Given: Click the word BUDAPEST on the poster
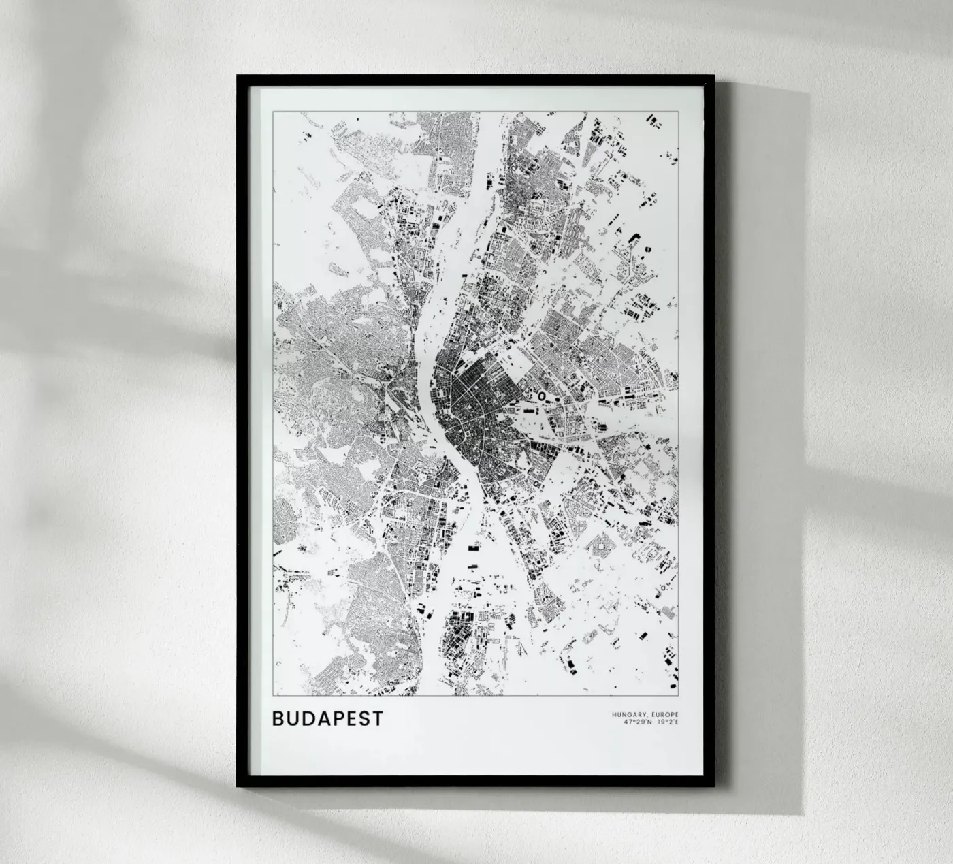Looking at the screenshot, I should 327,719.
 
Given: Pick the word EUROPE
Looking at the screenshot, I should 664,715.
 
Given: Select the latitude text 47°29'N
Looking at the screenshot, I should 636,722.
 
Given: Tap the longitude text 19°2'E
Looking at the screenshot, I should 667,722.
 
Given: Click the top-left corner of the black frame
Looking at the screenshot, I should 239,77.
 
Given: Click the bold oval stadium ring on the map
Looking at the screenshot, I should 542,394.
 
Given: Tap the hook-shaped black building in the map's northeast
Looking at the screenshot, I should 635,237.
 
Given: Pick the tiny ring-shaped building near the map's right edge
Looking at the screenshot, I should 663,588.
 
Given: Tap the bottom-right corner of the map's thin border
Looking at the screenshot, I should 679,696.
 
